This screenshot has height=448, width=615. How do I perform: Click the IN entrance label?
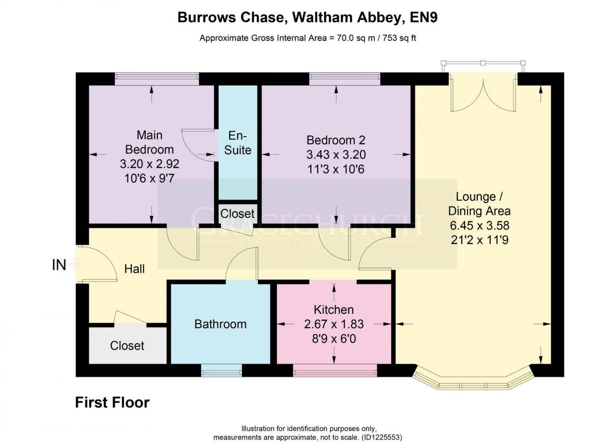pos(59,265)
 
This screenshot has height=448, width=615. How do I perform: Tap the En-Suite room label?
pos(238,143)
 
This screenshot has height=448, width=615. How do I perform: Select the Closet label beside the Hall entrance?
pos(127,346)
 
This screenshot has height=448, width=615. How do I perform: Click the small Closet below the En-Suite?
pos(237,214)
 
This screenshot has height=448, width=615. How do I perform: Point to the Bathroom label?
pos(220,324)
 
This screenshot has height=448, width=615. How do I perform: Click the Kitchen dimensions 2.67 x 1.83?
pos(334,324)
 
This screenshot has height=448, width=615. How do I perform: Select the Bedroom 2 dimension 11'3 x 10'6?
pos(336,169)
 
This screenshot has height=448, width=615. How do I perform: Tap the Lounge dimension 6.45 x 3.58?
pos(479,226)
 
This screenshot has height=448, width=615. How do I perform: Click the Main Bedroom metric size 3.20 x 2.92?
pos(150,164)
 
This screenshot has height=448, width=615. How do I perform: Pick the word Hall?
pos(135,269)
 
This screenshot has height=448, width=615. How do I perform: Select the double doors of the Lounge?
pos(483,96)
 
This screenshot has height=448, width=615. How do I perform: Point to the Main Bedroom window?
pos(157,79)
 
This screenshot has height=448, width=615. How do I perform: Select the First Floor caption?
pos(112,402)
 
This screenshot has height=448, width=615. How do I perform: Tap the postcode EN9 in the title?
pos(424,17)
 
